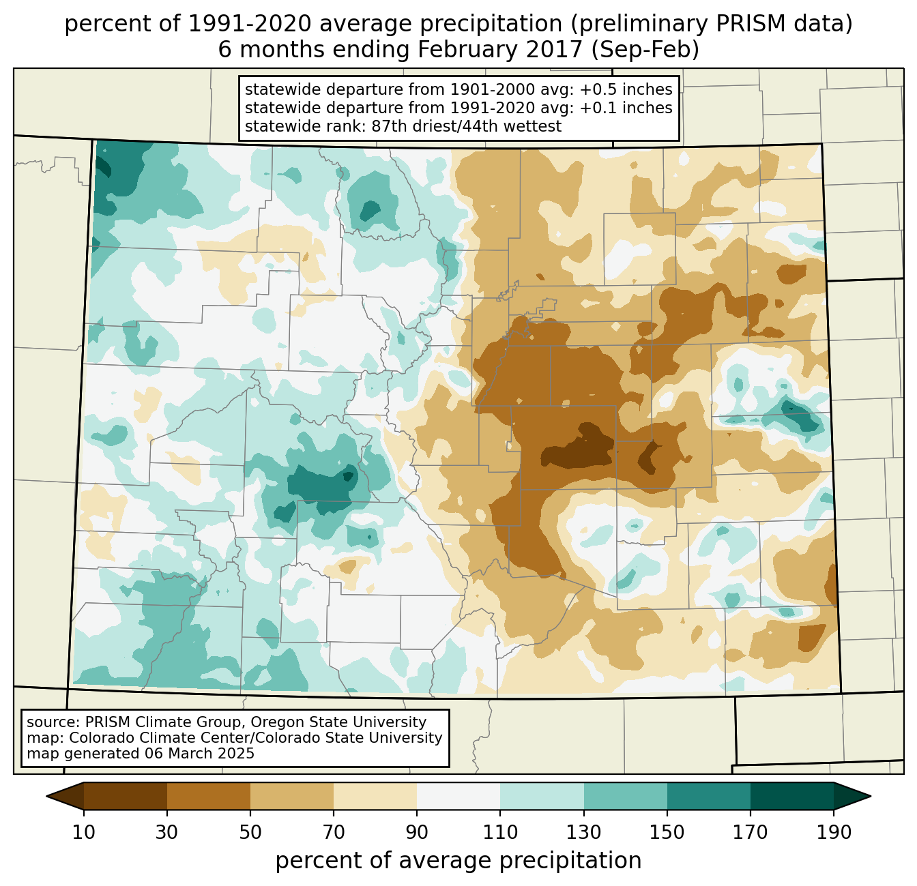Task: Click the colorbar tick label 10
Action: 84,832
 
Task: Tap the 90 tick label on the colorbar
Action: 417,832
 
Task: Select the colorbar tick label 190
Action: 834,832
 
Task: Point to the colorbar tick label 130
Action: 584,832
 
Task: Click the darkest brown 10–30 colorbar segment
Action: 126,796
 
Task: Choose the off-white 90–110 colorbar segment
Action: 458,796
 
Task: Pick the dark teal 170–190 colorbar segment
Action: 791,796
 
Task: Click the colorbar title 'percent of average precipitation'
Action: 458,861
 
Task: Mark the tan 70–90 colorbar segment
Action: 375,796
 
